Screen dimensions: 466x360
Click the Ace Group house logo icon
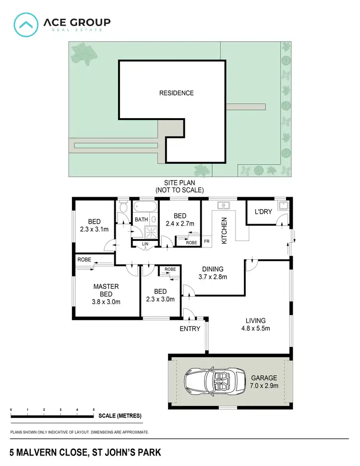[26, 24]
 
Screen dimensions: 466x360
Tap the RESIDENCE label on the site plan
[177, 93]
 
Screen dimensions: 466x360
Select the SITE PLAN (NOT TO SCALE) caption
[180, 187]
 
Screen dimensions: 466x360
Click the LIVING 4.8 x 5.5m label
[255, 325]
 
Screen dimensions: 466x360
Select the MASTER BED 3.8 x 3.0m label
[106, 294]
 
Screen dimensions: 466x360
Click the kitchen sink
[224, 206]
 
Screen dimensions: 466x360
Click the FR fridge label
[207, 241]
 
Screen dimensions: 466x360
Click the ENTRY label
[190, 329]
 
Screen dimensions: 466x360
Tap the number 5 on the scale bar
[94, 409]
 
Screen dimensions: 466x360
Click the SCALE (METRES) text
[120, 416]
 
